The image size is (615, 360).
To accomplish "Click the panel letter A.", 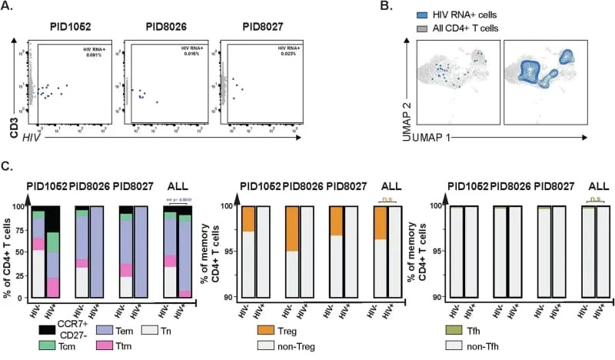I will (x=7, y=8).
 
